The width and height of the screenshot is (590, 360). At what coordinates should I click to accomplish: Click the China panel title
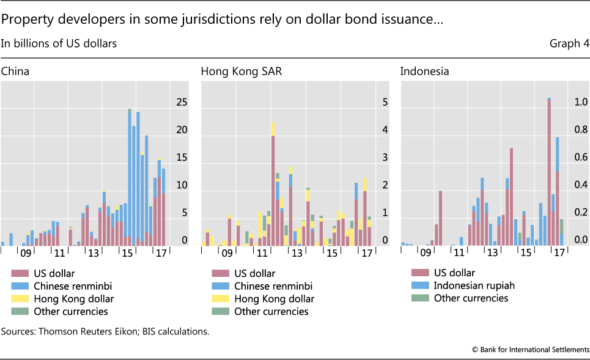click(15, 71)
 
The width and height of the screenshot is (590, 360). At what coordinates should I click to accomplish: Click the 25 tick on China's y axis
click(181, 103)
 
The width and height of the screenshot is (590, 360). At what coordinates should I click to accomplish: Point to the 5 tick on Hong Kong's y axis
click(385, 103)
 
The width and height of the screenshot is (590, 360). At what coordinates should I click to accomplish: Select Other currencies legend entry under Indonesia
click(471, 298)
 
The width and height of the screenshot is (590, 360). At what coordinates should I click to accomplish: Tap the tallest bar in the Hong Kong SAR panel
click(273, 183)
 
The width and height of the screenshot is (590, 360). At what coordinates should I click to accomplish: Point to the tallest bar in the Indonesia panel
click(549, 172)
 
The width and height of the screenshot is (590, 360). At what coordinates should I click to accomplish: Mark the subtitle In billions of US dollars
click(59, 43)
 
